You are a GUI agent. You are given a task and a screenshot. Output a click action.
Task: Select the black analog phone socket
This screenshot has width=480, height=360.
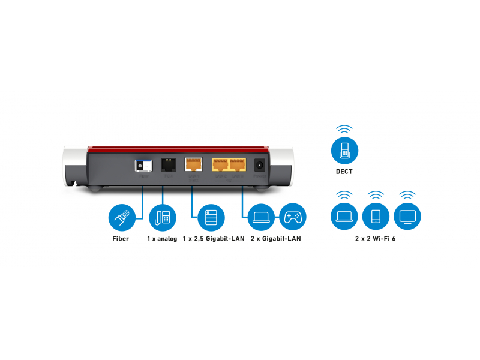(167, 164)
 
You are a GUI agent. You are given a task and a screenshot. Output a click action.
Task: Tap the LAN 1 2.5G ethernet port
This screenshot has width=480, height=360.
(193, 164)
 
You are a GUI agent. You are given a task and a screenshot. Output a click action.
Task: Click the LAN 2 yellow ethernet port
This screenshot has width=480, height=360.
(220, 164)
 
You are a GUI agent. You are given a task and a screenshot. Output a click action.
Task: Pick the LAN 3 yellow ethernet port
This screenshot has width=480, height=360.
(238, 164)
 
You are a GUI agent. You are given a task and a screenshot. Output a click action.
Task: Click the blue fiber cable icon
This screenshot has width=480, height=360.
(121, 217)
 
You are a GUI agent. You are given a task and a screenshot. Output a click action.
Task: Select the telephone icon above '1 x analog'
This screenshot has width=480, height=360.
(162, 217)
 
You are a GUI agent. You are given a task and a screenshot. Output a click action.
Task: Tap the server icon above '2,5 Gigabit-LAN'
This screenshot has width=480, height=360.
(211, 217)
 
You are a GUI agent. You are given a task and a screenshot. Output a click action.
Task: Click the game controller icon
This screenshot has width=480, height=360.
(293, 217)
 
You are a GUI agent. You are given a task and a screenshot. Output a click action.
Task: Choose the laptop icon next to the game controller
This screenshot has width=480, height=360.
(262, 217)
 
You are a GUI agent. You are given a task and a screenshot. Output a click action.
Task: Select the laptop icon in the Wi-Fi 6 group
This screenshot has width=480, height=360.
(344, 216)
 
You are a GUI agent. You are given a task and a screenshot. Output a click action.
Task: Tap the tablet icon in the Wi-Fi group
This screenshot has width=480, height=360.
(376, 216)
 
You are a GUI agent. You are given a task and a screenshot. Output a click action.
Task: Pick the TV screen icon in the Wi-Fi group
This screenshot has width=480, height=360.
(407, 216)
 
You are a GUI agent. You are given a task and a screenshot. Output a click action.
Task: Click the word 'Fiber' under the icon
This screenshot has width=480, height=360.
(121, 239)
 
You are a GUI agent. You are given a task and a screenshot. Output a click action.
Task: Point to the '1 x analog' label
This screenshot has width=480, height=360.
(162, 239)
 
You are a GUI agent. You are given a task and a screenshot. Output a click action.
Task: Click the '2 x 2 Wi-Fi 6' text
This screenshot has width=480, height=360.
(375, 239)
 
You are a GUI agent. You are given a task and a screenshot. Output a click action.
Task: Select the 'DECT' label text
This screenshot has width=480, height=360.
(344, 172)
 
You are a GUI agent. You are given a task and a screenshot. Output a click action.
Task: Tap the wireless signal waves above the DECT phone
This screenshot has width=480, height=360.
(344, 129)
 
